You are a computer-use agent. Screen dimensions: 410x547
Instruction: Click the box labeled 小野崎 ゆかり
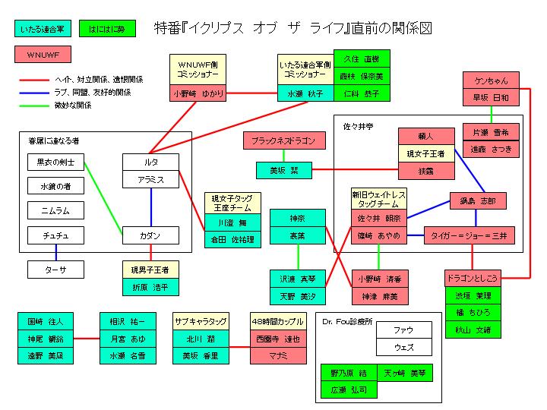point(198,94)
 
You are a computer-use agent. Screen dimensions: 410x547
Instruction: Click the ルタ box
point(151,162)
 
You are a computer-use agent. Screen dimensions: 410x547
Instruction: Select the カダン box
point(151,236)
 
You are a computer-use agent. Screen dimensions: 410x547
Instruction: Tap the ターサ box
point(56,270)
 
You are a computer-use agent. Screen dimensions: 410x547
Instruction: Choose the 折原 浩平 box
point(151,287)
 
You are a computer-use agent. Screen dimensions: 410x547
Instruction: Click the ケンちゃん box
point(491,81)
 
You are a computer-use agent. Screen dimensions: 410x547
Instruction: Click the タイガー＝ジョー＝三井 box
point(470,236)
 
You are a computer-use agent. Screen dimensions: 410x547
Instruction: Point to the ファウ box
point(403,331)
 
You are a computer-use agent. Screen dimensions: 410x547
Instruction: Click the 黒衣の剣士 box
point(56,162)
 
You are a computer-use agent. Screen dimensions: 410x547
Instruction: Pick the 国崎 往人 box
point(46,321)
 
